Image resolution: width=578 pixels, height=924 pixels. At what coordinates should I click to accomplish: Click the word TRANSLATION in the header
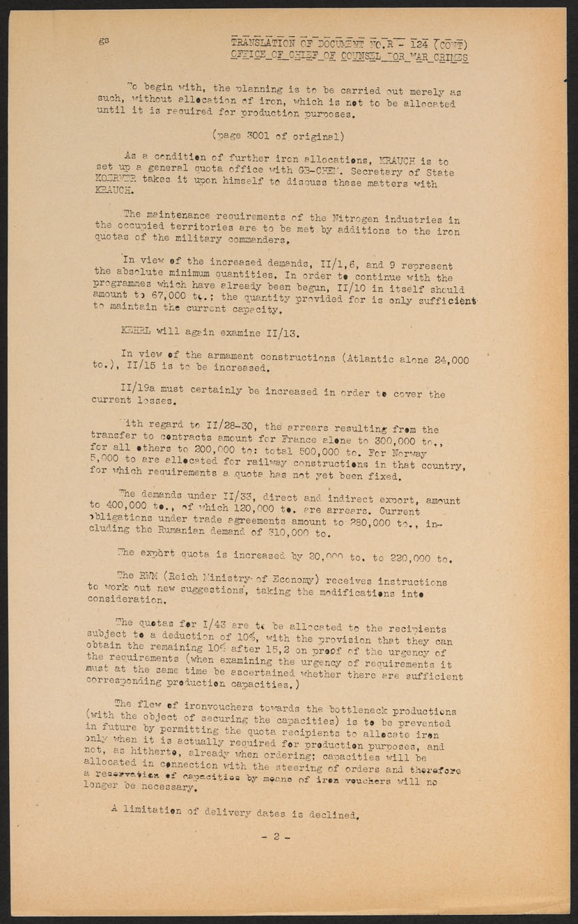click(263, 43)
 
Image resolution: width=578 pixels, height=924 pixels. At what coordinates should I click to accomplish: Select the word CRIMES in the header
click(450, 57)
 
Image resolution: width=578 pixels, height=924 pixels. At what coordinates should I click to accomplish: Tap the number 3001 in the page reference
click(259, 136)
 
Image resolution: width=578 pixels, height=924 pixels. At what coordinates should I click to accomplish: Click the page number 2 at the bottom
click(276, 837)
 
